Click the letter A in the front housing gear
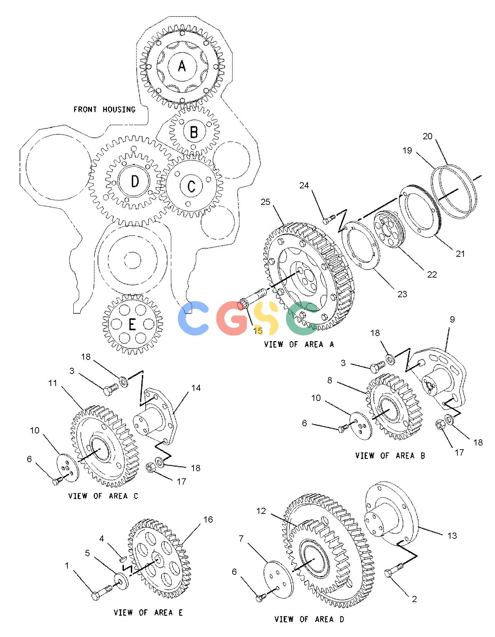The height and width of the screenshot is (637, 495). (x=182, y=65)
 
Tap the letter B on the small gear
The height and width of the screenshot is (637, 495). (x=194, y=132)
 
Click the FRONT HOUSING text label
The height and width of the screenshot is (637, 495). (x=104, y=109)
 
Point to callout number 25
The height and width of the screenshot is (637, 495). (x=265, y=202)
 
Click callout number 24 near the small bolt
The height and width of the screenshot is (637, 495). (x=304, y=186)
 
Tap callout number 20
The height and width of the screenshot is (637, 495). (x=428, y=136)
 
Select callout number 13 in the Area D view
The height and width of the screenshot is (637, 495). (x=452, y=535)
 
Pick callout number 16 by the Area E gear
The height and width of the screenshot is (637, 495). (x=208, y=519)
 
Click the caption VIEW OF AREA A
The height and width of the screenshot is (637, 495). (x=299, y=344)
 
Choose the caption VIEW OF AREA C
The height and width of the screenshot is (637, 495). (x=103, y=496)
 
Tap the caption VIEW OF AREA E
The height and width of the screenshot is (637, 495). (x=148, y=612)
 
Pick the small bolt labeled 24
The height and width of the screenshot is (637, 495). (x=329, y=218)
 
